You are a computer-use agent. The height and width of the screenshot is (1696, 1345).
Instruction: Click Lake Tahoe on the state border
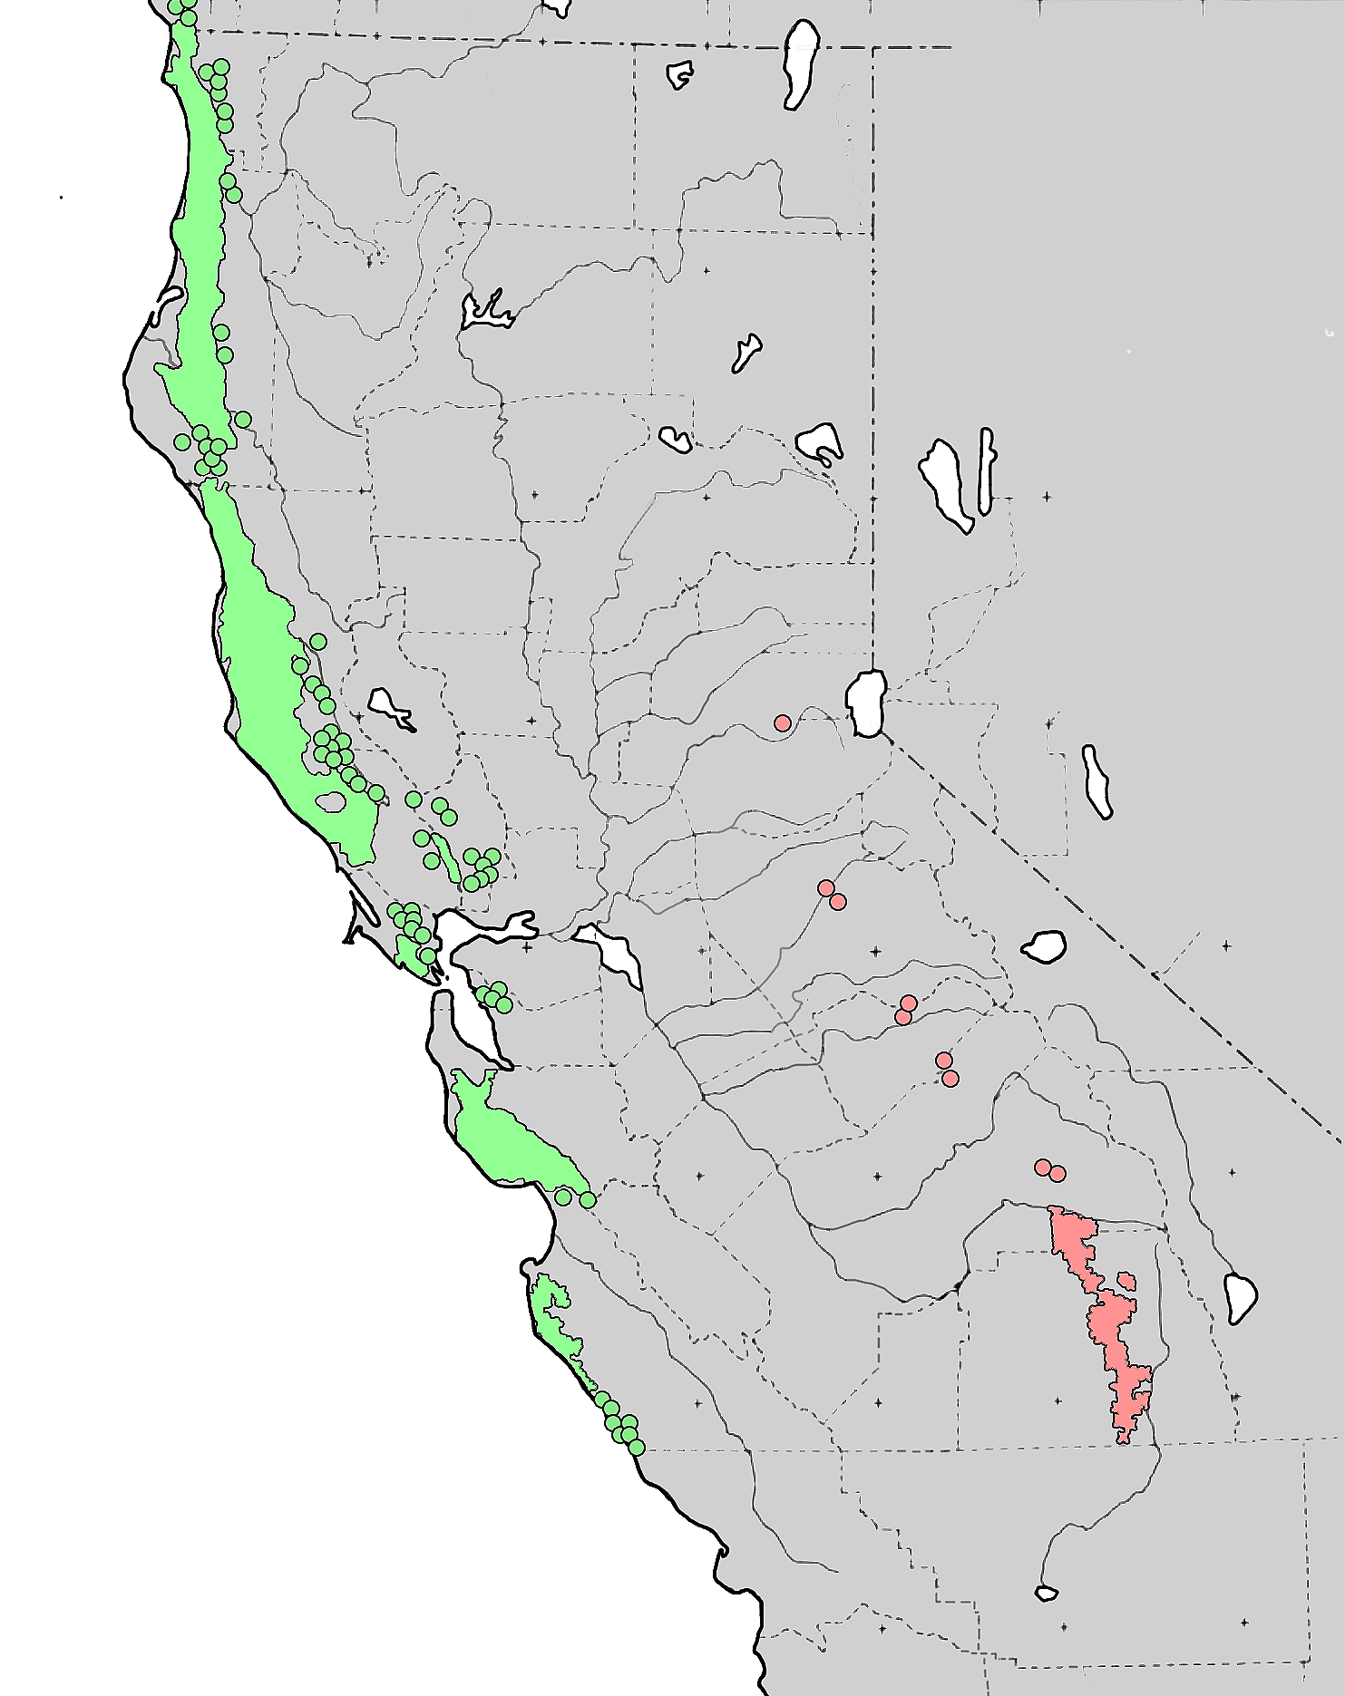[866, 703]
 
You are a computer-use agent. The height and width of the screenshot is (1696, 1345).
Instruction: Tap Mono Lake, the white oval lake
[1044, 945]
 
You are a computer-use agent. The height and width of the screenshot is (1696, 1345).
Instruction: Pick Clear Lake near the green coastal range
[390, 706]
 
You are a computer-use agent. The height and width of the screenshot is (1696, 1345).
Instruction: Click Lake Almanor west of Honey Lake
[676, 440]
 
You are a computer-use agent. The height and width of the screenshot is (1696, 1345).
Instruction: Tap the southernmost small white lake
[1046, 1593]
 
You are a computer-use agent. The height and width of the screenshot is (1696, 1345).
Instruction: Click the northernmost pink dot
[783, 722]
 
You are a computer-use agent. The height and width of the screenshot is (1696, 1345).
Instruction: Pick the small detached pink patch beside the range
[1126, 1280]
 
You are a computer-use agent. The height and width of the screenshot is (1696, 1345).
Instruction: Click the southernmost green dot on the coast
[637, 1447]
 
